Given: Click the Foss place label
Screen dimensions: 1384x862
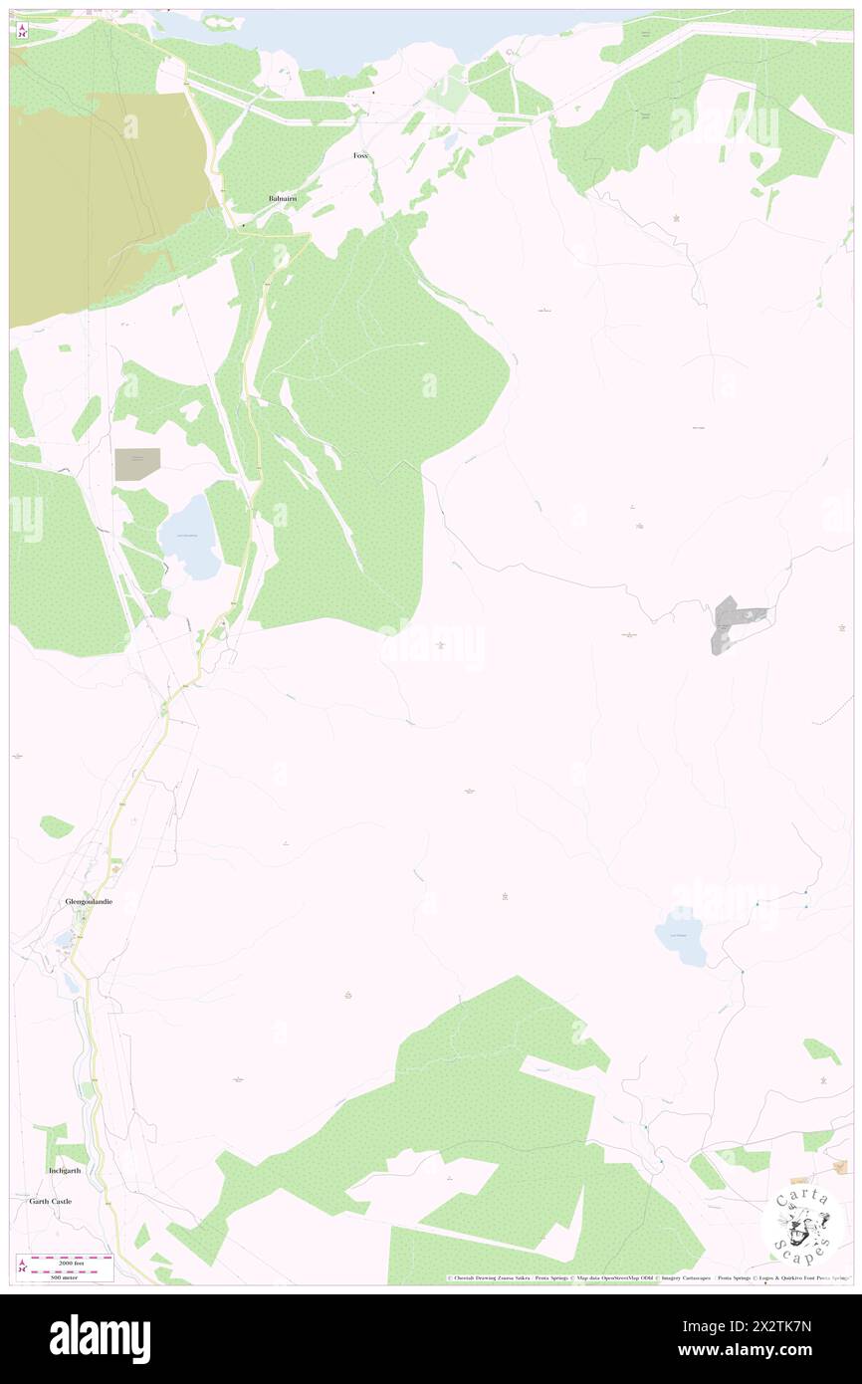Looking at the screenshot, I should pos(360,156).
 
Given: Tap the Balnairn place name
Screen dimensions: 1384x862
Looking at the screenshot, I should pos(283,199).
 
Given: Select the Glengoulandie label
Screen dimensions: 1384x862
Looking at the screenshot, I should pos(89,901).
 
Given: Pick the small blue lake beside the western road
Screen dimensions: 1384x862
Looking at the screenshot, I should pos(191,536).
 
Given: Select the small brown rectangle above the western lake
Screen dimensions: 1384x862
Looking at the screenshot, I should pos(137,463).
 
